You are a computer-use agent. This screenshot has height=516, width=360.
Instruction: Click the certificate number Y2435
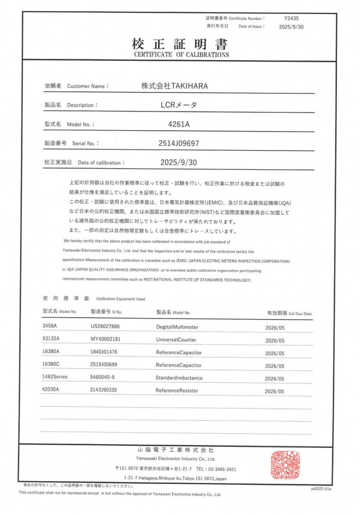(x=291, y=18)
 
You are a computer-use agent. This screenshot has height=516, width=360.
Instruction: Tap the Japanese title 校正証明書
(x=180, y=44)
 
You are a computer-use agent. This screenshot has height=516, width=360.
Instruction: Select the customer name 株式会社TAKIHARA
(x=175, y=86)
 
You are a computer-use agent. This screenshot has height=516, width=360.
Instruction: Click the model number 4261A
(x=179, y=125)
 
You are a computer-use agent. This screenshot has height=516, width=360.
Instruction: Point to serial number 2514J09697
(x=179, y=143)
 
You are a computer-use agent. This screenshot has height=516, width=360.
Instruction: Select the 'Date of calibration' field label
(x=101, y=163)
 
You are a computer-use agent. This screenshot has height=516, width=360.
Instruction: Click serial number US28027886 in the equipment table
(x=105, y=327)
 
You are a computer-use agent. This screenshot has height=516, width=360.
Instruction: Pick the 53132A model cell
(x=51, y=339)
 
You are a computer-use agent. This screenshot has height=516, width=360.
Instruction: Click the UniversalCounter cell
(x=176, y=340)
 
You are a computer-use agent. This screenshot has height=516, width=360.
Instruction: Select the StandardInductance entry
(x=179, y=378)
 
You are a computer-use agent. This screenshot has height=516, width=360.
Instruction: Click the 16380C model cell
(x=51, y=364)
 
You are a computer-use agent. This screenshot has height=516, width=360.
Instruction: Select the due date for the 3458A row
(x=275, y=328)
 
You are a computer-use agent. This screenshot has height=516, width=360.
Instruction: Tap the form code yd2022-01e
(x=321, y=489)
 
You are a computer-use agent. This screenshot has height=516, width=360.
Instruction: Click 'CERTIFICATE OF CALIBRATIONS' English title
(x=181, y=55)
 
